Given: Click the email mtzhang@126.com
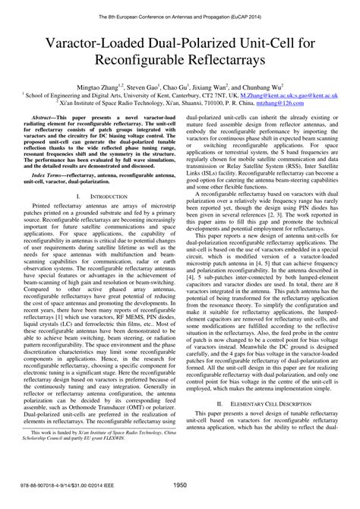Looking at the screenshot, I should point(292,107).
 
